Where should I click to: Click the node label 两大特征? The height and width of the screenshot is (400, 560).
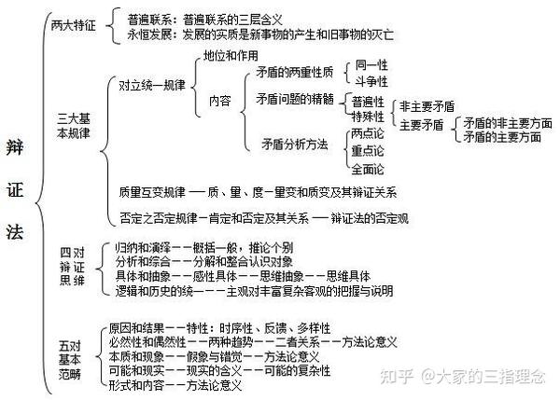click(74, 25)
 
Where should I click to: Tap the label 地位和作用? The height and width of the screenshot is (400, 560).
click(231, 55)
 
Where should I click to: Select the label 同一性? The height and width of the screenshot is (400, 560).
click(371, 65)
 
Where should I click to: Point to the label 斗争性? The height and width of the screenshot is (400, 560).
click(371, 81)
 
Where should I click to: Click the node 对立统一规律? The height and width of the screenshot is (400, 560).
click(152, 85)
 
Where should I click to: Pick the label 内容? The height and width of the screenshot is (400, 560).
click(220, 101)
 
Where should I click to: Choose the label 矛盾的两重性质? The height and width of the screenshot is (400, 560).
click(295, 73)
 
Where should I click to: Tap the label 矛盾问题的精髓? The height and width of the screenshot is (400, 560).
click(295, 99)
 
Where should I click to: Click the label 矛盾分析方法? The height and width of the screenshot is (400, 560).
click(295, 145)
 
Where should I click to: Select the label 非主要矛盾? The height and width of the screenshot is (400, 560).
click(427, 106)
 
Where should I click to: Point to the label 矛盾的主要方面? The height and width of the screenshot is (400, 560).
click(502, 137)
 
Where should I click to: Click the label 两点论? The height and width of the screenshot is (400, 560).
click(368, 133)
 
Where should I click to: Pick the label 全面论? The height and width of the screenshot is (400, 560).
click(368, 169)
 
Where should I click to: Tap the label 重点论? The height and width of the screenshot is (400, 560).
click(368, 151)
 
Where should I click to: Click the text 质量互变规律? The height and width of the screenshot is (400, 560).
click(152, 193)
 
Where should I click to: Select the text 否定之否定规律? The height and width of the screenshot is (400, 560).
click(159, 218)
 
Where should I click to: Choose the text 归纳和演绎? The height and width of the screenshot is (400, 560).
click(143, 247)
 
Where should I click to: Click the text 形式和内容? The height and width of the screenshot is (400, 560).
click(136, 385)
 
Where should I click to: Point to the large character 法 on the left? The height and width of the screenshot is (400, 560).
click(15, 232)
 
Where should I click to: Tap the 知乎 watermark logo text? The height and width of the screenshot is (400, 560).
click(397, 377)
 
